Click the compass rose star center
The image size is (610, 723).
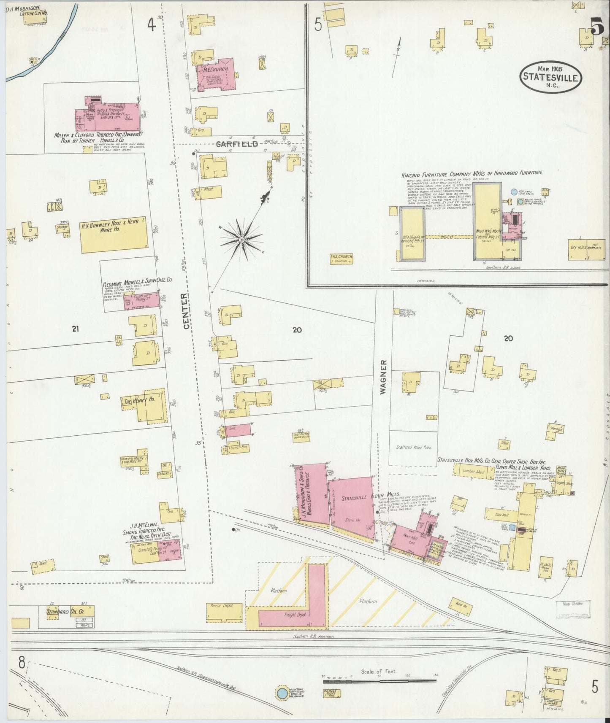pos(241,240)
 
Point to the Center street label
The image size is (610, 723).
pos(187,311)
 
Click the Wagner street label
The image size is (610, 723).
pos(383,377)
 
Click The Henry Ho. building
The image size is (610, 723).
pos(141,402)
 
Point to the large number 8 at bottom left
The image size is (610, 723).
pos(21,663)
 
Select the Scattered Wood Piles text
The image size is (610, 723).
pos(414,447)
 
